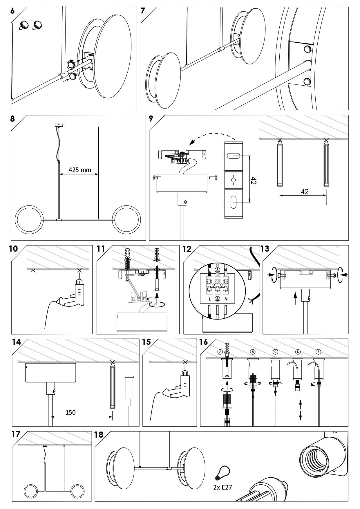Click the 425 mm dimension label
80,170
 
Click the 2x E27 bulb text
222,487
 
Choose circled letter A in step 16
220,352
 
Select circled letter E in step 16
318,352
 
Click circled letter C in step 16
275,352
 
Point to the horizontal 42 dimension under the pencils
305,192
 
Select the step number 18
99,434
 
